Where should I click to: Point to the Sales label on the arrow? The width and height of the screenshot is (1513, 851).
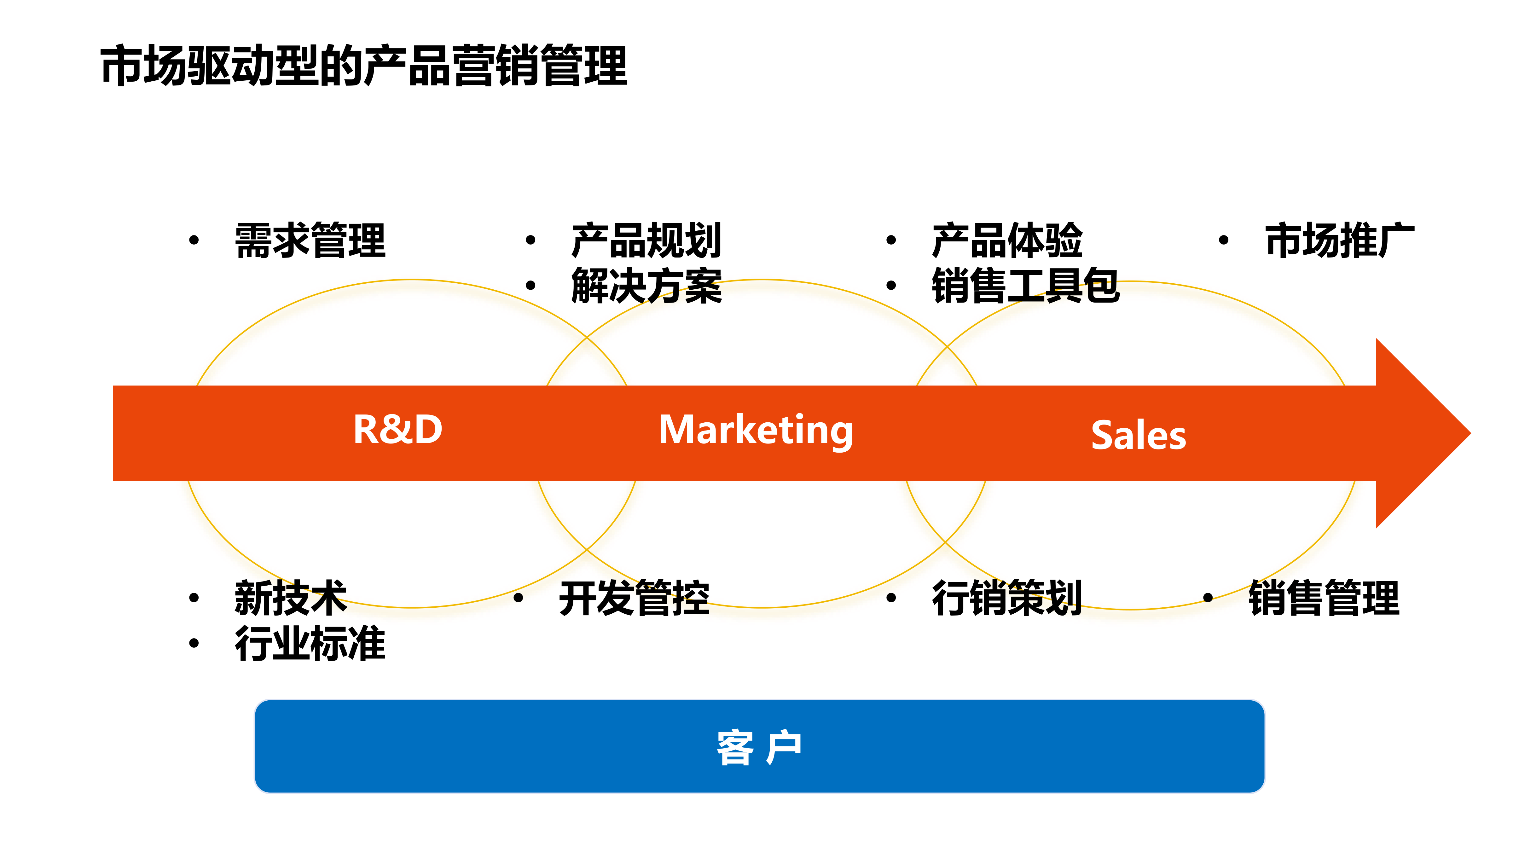(1138, 436)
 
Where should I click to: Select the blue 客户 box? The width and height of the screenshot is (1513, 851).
(759, 746)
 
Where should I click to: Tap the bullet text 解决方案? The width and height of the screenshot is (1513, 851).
(646, 286)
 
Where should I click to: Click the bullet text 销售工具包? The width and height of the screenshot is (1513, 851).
(1025, 286)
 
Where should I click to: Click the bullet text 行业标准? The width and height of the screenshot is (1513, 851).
(310, 644)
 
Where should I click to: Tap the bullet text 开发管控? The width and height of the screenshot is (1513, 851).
(634, 598)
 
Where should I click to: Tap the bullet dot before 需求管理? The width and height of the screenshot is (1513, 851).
(194, 240)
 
